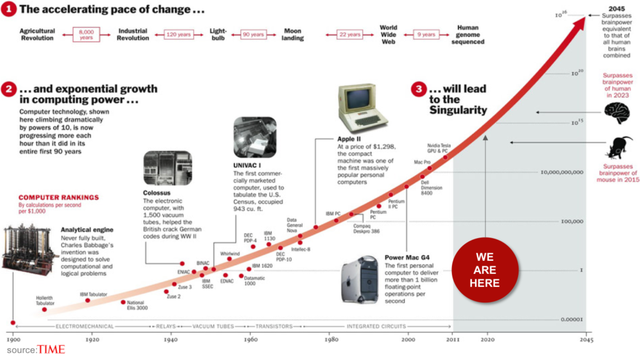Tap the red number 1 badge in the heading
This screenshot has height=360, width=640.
click(x=9, y=9)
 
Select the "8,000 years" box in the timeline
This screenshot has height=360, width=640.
click(x=86, y=34)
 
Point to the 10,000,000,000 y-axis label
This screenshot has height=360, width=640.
click(x=561, y=171)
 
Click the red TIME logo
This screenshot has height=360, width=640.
click(x=51, y=349)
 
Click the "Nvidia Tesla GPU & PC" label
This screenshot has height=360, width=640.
click(x=437, y=147)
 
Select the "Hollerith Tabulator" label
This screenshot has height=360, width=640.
click(x=45, y=301)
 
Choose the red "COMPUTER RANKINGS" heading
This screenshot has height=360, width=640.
click(x=58, y=197)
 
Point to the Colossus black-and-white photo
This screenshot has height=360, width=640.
click(x=167, y=168)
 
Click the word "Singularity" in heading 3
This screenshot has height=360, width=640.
click(x=457, y=110)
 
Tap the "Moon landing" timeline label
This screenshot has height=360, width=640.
click(x=292, y=34)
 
